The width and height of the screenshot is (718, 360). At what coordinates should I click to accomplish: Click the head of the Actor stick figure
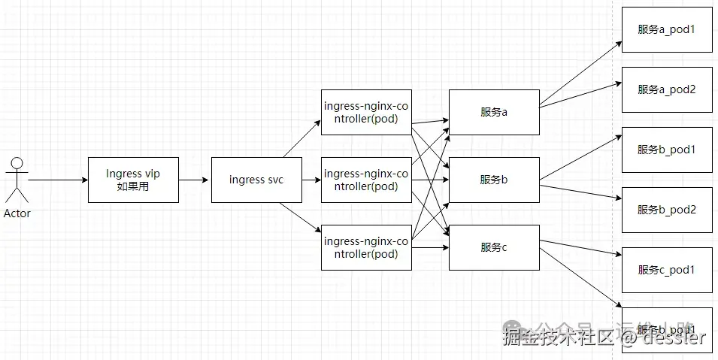point(17,162)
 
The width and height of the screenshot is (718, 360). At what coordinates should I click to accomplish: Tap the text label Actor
point(17,213)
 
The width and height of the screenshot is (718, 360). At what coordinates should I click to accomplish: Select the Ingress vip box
point(133,180)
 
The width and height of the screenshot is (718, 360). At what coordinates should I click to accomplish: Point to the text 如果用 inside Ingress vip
point(133,186)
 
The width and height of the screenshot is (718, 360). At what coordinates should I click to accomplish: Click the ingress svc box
point(256,180)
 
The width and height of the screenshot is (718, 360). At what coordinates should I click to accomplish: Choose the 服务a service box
point(493,112)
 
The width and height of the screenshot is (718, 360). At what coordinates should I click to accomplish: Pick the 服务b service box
point(493,180)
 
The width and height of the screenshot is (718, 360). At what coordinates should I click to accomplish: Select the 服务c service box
point(493,247)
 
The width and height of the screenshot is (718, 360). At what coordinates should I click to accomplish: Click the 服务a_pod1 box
point(666,29)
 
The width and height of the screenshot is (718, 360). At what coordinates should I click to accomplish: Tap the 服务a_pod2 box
point(666,89)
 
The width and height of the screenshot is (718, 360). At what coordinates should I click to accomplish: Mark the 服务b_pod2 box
point(666,210)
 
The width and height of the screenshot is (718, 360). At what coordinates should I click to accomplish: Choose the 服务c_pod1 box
point(666,270)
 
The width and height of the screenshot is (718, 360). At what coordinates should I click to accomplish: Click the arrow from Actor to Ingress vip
point(58,180)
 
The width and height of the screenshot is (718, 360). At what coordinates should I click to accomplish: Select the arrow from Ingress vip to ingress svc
point(194,180)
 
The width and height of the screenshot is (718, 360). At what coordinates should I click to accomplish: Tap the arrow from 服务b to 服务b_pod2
point(579,192)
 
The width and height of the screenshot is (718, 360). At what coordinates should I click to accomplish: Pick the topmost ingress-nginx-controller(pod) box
point(366,112)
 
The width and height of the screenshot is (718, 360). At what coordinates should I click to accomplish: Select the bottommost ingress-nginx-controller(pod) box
point(366,247)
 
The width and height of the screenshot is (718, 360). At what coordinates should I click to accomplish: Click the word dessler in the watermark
point(674,337)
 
